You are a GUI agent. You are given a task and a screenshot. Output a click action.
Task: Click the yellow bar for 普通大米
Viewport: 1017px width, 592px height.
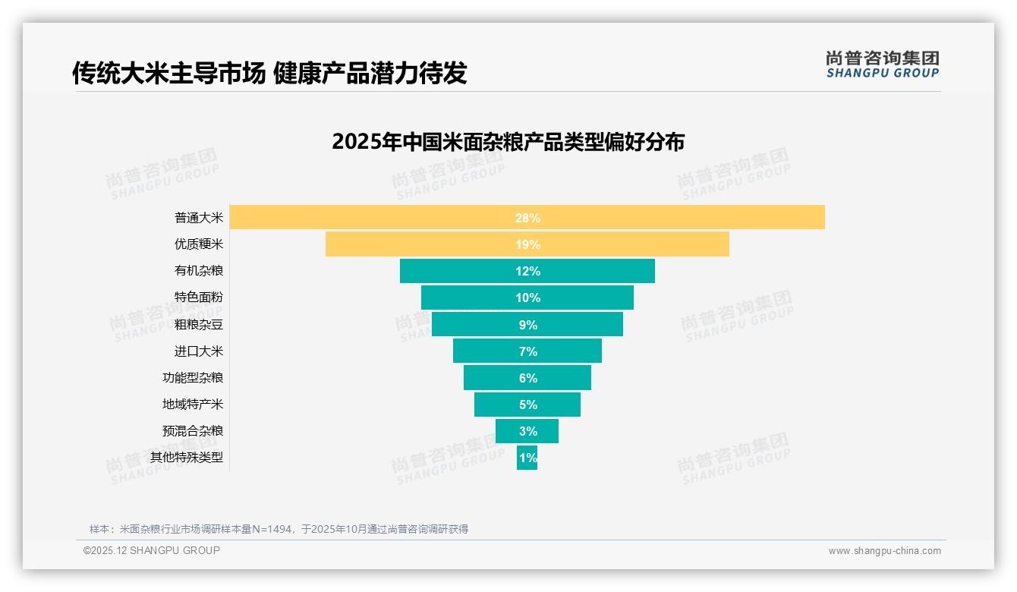(379, 217)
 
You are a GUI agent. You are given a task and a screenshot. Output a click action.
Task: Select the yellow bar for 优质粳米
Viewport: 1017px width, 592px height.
(425, 244)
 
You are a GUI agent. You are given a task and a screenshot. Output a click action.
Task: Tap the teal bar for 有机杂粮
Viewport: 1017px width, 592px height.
(455, 271)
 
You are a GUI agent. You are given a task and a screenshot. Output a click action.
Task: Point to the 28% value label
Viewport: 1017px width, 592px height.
(527, 218)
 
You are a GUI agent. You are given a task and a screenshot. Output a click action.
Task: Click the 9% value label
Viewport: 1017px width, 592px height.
(527, 325)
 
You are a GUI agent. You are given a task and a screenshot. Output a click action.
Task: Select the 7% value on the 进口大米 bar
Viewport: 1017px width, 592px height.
(527, 351)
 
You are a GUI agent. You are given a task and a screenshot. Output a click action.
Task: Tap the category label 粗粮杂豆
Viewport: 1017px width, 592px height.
(199, 324)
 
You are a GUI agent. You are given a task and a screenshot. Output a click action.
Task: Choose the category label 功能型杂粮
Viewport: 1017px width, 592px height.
(193, 377)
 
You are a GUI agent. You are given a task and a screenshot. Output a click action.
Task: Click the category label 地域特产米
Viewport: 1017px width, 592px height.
(193, 404)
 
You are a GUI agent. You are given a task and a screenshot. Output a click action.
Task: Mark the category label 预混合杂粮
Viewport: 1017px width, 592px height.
(193, 430)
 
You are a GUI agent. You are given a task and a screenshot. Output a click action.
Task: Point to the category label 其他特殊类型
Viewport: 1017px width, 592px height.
(187, 457)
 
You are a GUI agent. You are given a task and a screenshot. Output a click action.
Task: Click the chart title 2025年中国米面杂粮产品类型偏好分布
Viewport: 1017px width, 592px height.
(508, 142)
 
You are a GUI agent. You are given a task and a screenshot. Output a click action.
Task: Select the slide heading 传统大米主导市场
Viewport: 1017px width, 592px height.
(168, 73)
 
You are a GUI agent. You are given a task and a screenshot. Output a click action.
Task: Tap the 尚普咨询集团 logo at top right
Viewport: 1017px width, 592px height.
(882, 64)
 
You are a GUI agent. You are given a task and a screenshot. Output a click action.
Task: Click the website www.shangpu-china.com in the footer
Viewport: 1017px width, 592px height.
(884, 551)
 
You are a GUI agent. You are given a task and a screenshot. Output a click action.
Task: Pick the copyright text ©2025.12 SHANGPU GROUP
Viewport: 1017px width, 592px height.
(152, 550)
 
